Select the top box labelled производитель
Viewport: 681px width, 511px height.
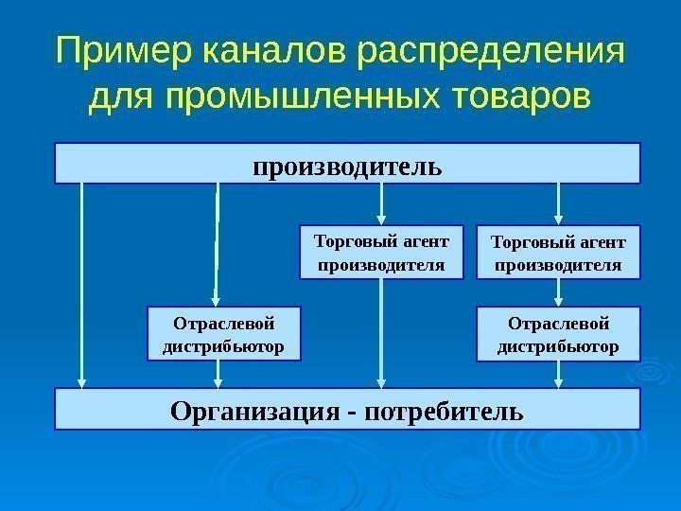tap(347, 163)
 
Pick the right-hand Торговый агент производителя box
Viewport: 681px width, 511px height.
tap(558, 252)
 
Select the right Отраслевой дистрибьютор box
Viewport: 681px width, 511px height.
tap(558, 334)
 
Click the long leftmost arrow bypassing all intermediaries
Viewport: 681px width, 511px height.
tap(83, 284)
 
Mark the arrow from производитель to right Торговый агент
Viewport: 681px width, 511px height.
tap(558, 203)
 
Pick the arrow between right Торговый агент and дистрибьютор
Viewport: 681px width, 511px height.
tap(558, 292)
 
